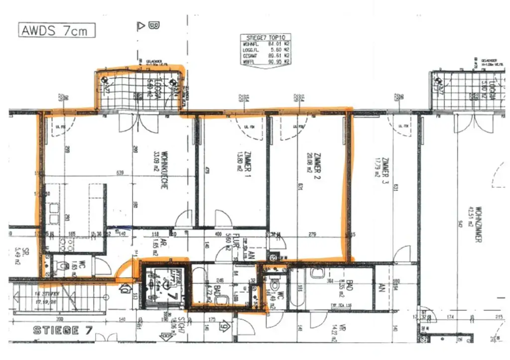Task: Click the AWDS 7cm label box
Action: (57, 30)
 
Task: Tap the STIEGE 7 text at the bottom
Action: (56, 330)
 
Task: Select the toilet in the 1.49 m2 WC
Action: (274, 286)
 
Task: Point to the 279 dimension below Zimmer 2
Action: (313, 234)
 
